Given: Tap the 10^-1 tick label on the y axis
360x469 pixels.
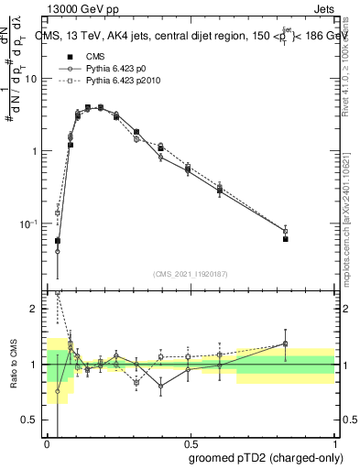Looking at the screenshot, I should coord(31,224).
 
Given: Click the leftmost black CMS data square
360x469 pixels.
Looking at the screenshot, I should coord(58,241).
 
